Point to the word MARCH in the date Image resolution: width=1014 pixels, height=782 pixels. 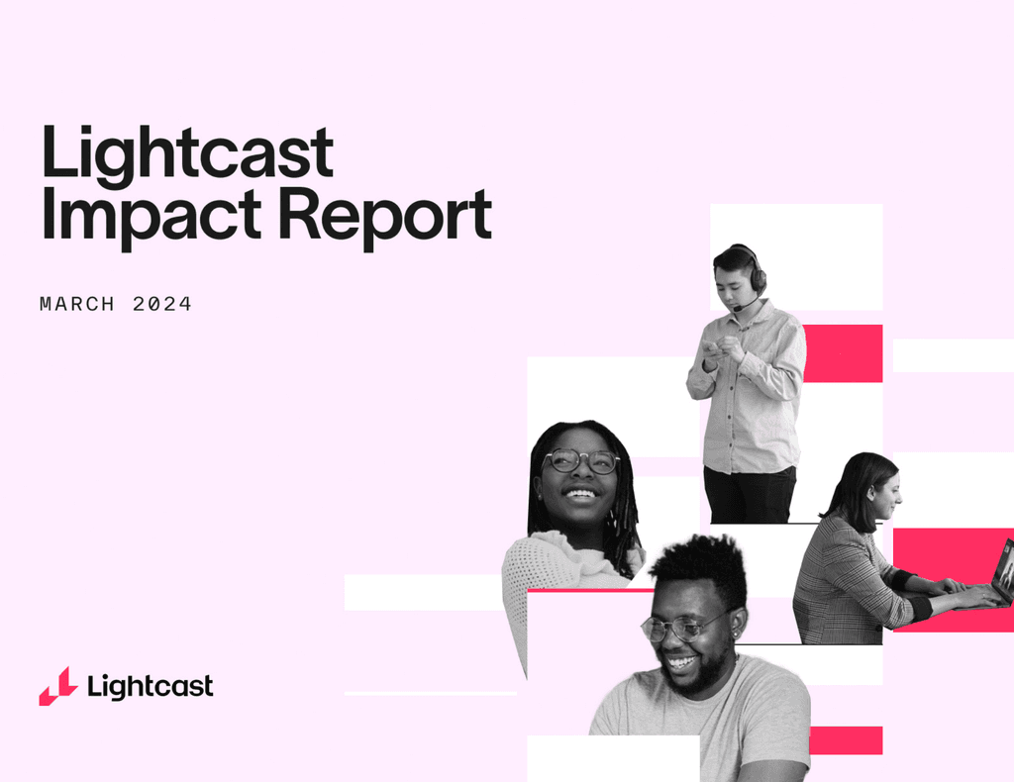pyautogui.click(x=78, y=304)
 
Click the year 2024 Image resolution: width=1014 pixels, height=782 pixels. pyautogui.click(x=162, y=304)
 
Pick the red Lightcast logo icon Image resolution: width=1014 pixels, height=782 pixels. pyautogui.click(x=58, y=686)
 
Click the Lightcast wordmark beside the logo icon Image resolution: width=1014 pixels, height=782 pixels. pyautogui.click(x=150, y=686)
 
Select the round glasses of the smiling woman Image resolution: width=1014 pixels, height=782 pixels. pyautogui.click(x=580, y=461)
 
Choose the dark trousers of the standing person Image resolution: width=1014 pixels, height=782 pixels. pyautogui.click(x=750, y=495)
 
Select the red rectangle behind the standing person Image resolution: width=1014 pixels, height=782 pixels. pyautogui.click(x=843, y=353)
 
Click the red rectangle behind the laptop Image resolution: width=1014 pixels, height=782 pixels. pyautogui.click(x=941, y=554)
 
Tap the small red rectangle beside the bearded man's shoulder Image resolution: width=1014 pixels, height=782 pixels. pyautogui.click(x=846, y=740)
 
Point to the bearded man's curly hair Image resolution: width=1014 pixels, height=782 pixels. pyautogui.click(x=699, y=563)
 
